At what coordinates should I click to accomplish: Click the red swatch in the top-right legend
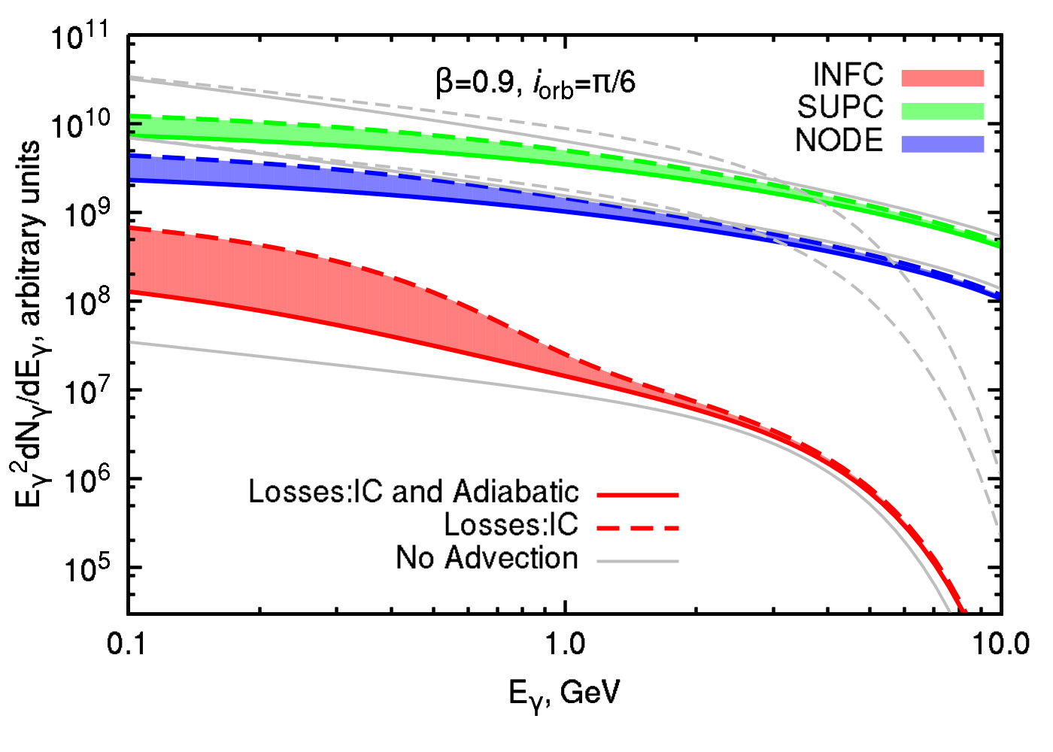click(x=942, y=78)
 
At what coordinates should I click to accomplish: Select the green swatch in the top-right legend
click(x=942, y=111)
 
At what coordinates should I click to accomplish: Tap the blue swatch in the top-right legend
click(x=942, y=144)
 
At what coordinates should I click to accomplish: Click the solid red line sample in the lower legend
click(x=638, y=495)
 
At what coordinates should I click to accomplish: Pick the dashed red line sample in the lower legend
click(x=638, y=528)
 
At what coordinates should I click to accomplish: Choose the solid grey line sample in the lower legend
click(x=638, y=561)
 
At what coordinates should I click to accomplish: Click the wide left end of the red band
click(x=135, y=260)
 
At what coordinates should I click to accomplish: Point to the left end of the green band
click(x=135, y=126)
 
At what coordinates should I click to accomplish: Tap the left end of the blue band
click(x=135, y=168)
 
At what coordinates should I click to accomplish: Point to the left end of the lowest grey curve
click(x=132, y=343)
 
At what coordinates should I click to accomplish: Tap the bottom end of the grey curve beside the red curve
click(x=948, y=610)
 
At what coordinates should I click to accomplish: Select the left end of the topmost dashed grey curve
click(x=132, y=77)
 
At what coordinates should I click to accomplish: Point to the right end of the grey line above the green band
click(x=998, y=235)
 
